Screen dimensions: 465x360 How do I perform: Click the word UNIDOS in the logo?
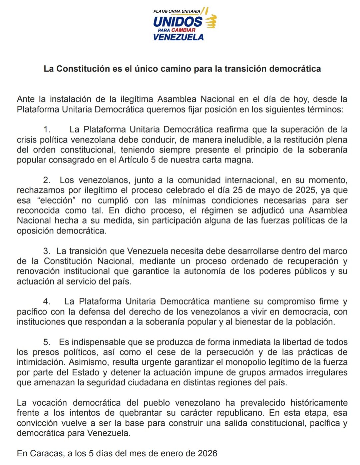pyautogui.click(x=177, y=22)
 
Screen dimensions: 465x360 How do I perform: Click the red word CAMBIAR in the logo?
pyautogui.click(x=183, y=30)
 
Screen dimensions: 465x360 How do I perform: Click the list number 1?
pyautogui.click(x=47, y=130)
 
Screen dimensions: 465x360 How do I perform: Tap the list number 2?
pyautogui.click(x=47, y=180)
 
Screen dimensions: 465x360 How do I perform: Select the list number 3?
pyautogui.click(x=47, y=251)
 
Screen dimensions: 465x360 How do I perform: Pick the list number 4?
pyautogui.click(x=47, y=302)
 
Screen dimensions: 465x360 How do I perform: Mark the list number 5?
pyautogui.click(x=47, y=342)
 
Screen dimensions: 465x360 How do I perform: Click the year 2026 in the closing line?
pyautogui.click(x=207, y=453)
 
